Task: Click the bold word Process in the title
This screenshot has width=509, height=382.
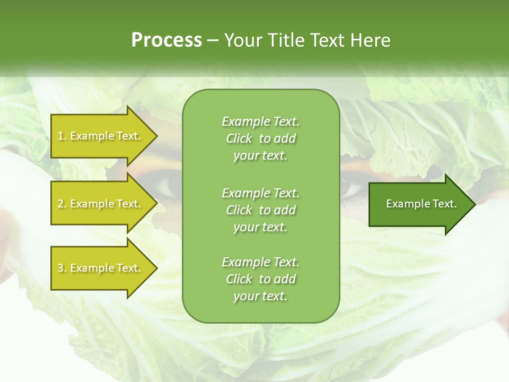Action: [166, 40]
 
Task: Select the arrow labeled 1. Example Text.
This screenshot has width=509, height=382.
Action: [101, 136]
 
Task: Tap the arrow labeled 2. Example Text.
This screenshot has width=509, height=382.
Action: [101, 204]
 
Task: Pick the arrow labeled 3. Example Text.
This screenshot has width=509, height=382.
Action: [101, 268]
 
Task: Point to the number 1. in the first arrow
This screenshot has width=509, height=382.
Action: [62, 136]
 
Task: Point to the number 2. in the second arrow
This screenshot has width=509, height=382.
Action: [62, 204]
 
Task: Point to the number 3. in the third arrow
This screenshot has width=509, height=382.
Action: [62, 268]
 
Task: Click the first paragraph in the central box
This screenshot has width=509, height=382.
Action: [260, 138]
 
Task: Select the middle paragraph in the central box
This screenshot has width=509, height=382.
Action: [260, 210]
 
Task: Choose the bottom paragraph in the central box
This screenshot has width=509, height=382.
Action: [260, 279]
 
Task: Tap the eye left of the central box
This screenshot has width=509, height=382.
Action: [169, 187]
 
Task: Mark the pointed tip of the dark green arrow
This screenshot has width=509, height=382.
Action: [475, 204]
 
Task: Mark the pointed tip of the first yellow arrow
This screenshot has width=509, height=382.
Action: [156, 136]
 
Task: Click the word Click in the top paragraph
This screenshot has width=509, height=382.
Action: [239, 139]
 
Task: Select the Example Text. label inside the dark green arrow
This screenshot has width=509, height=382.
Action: [421, 204]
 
